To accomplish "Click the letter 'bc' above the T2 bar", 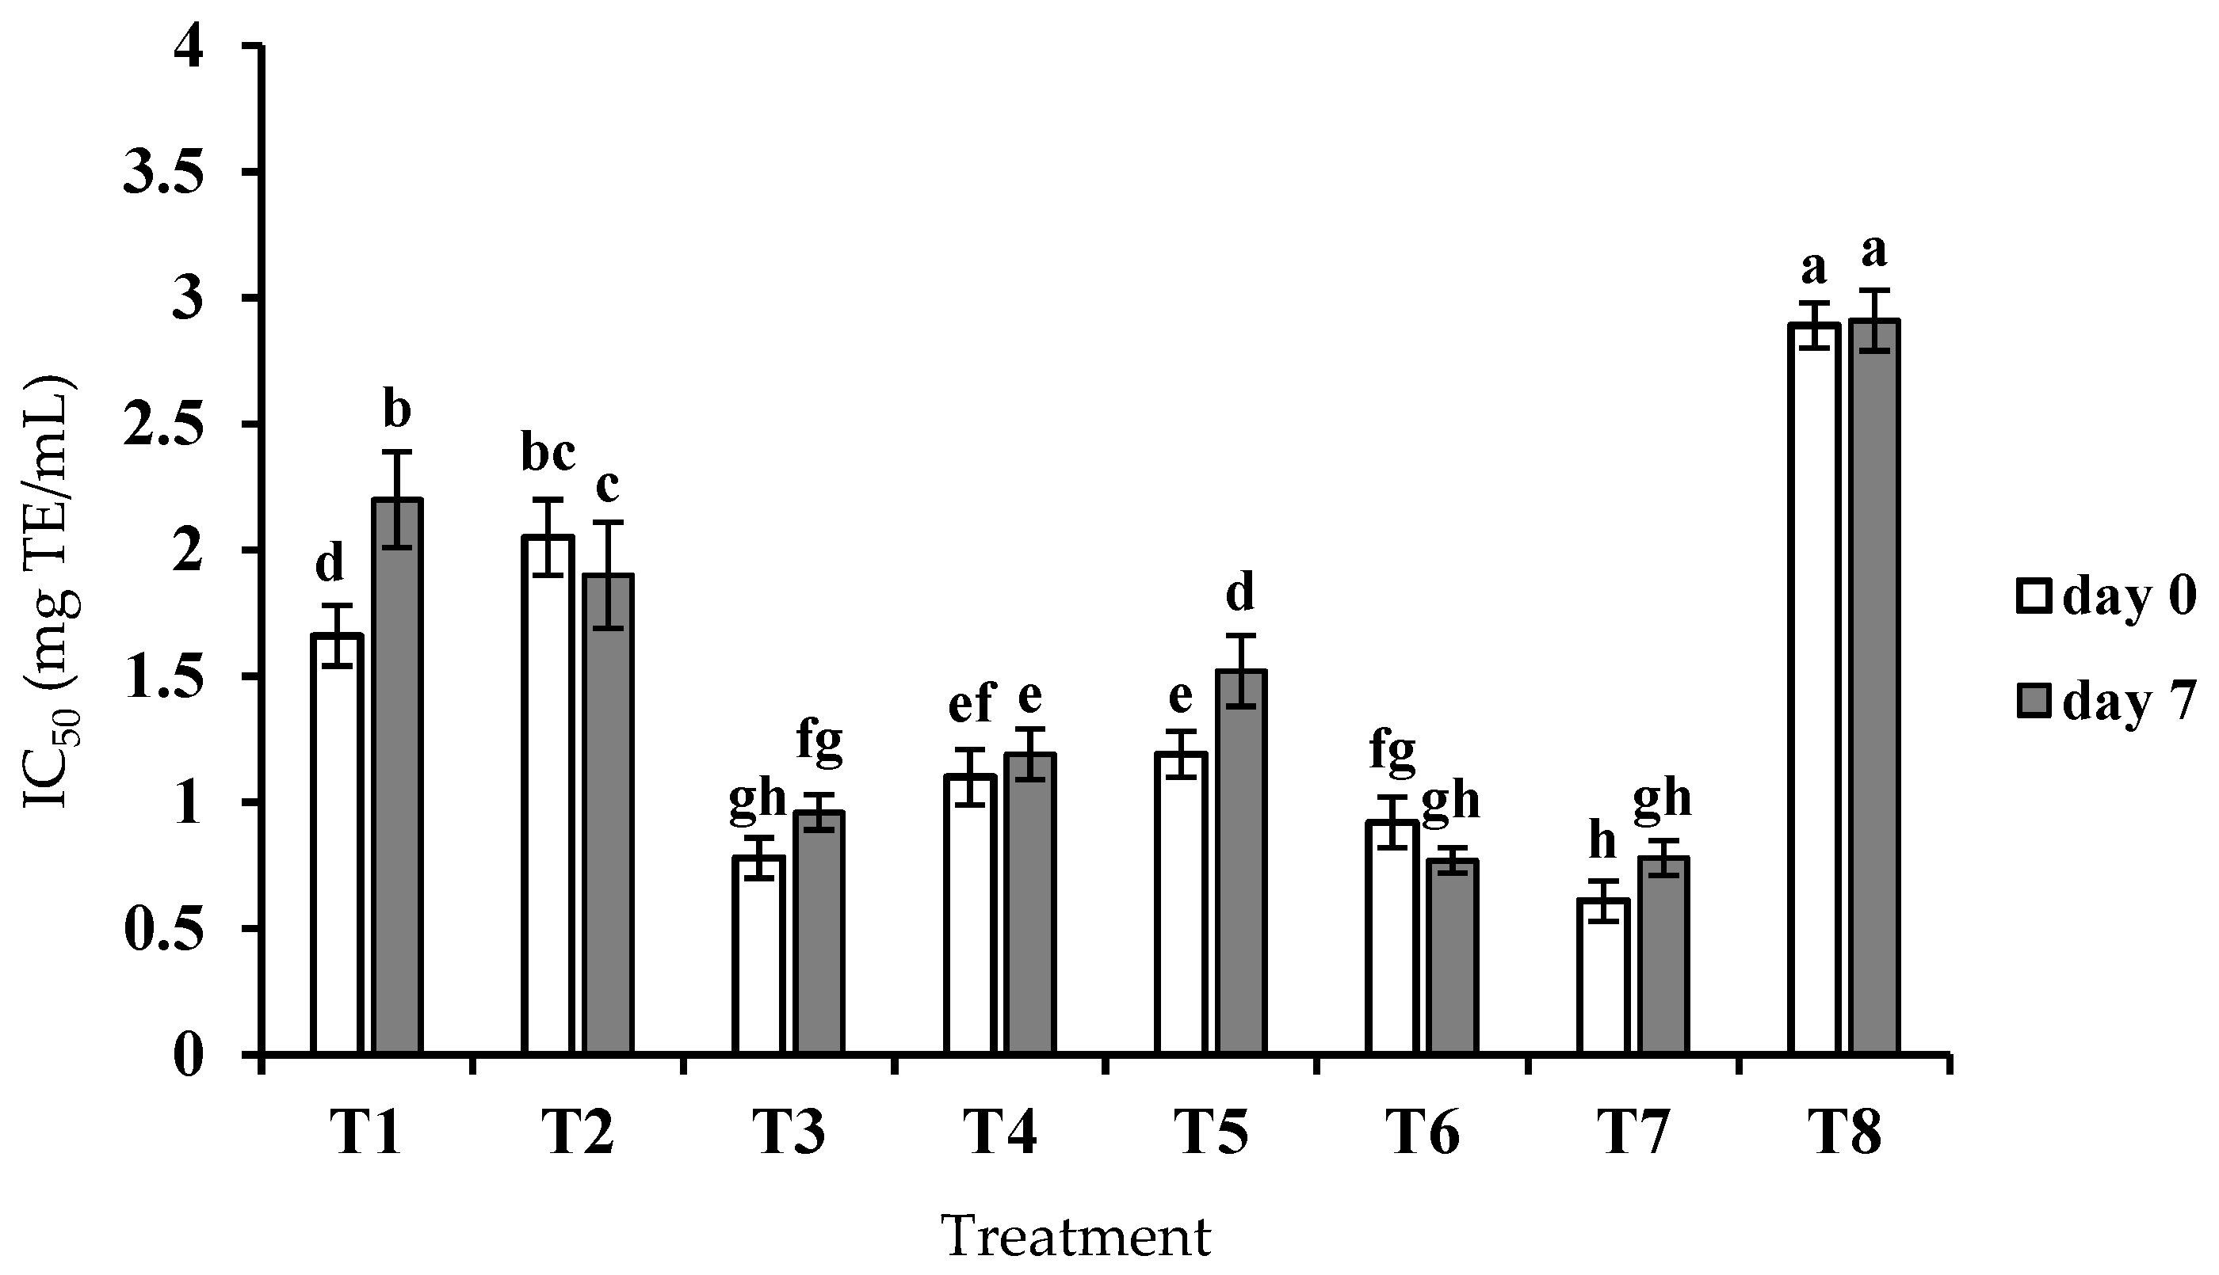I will coord(548,455).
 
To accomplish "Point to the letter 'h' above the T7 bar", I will coord(1602,843).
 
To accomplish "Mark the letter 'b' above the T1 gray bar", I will coord(397,412).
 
